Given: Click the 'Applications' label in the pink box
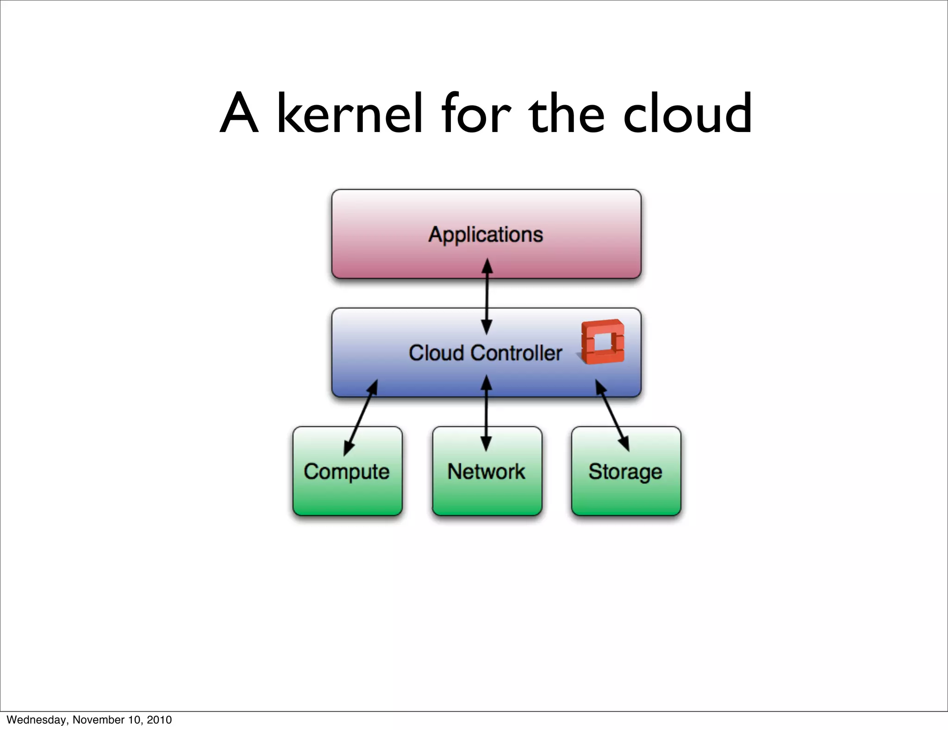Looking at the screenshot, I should tap(486, 234).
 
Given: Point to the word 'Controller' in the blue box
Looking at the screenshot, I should tap(516, 353).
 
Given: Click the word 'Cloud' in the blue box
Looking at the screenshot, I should tap(436, 353).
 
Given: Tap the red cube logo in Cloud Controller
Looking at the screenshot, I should tap(603, 342).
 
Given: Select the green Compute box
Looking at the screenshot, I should tap(347, 491).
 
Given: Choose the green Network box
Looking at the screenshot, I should tap(486, 491).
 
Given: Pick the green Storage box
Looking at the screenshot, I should tap(626, 491).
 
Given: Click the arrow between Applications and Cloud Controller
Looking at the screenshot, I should tap(486, 296).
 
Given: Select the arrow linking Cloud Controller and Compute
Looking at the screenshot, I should tap(361, 417).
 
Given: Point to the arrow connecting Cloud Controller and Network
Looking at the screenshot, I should tap(486, 413).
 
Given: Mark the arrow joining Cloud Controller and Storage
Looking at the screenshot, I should tap(612, 415).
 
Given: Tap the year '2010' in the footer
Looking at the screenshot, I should tap(159, 720).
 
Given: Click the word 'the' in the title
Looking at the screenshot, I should tap(567, 113).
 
